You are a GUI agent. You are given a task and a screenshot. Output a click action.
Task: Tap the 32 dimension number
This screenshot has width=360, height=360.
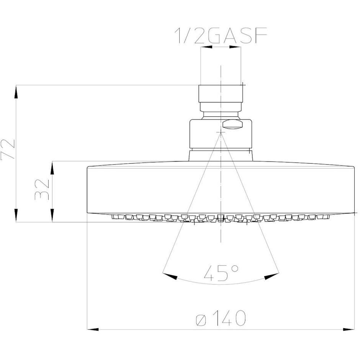(43, 189)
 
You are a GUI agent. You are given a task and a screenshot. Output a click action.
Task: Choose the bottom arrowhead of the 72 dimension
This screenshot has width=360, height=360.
(16, 215)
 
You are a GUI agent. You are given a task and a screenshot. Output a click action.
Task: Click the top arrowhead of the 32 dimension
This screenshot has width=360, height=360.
(52, 167)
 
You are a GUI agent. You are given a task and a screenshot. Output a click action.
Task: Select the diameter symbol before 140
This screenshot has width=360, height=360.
(202, 319)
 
